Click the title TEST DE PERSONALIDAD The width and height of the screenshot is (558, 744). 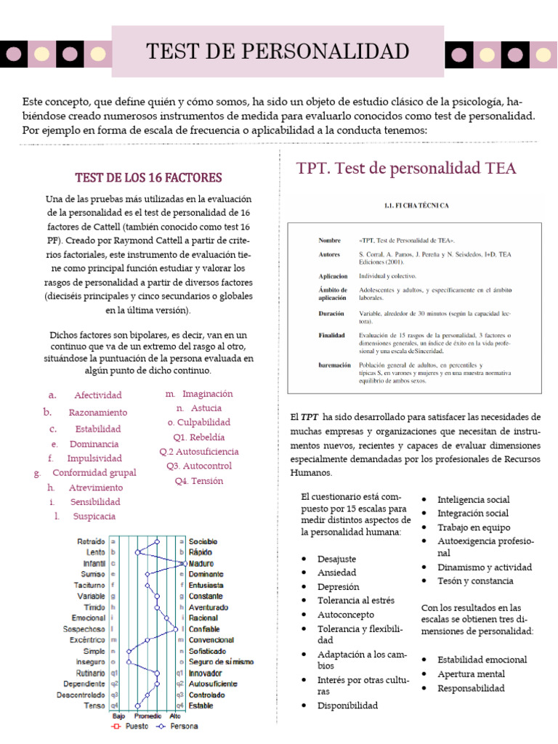point(278,52)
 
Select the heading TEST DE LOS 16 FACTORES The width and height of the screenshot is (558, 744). point(149,177)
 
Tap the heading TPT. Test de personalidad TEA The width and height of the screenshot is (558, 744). point(406,169)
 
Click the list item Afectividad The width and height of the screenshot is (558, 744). point(97,395)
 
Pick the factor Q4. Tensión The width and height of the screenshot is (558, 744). point(198,481)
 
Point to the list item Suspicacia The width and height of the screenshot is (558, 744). point(94,517)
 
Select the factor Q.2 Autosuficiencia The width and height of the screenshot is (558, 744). point(198,451)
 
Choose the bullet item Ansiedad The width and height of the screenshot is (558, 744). point(338,573)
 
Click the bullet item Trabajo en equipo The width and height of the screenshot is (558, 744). point(474,527)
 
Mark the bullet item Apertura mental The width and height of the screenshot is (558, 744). point(471,674)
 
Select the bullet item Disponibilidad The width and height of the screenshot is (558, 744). point(347,705)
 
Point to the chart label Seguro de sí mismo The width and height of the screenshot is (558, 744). point(221,662)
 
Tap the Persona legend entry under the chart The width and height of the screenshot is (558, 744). point(180,725)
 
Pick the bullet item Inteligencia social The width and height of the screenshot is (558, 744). point(473,499)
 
